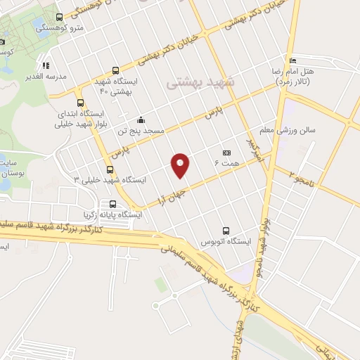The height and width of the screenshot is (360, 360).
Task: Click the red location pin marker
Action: [181, 165]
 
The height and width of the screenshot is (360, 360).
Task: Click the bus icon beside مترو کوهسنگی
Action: [59, 18]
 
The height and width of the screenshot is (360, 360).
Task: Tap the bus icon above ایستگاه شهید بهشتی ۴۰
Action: [116, 71]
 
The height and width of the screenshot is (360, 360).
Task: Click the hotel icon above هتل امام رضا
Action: [294, 60]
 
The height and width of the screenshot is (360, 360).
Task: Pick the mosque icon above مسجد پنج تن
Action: [141, 119]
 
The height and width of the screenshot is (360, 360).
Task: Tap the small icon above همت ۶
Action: [226, 153]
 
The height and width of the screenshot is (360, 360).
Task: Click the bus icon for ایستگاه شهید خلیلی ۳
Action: [109, 169]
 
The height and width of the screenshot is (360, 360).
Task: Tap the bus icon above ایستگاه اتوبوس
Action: [226, 231]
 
